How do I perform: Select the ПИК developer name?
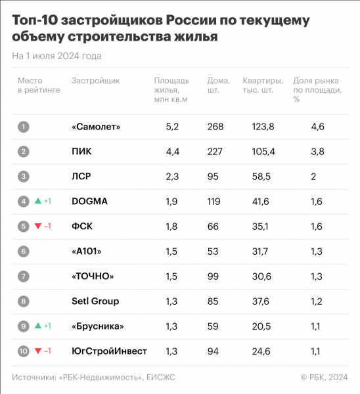click(81, 151)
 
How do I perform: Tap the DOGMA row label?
click(89, 201)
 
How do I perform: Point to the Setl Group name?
click(95, 301)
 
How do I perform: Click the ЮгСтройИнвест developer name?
click(109, 351)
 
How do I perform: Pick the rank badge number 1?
click(24, 126)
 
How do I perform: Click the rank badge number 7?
click(24, 276)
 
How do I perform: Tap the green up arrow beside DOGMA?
click(38, 201)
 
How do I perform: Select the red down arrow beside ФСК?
click(38, 227)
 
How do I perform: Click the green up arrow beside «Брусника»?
click(38, 326)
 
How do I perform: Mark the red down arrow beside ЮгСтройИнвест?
click(38, 351)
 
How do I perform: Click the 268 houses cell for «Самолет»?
click(215, 126)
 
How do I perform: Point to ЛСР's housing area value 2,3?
click(173, 176)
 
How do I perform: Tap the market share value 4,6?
click(317, 126)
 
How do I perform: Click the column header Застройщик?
click(95, 81)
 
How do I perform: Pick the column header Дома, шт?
click(218, 85)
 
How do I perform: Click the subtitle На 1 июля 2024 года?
click(56, 56)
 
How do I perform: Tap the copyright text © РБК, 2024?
click(324, 377)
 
